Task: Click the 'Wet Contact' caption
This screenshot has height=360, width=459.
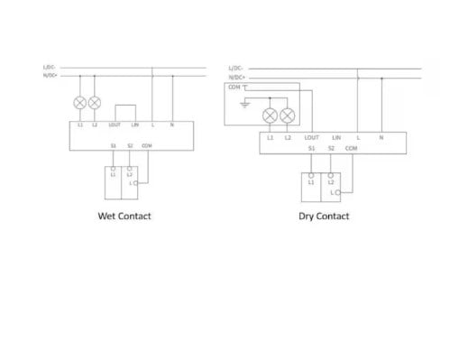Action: tap(124, 217)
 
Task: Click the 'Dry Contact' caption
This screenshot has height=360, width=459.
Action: tap(324, 217)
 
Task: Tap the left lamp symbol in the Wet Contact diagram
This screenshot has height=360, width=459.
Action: tap(80, 102)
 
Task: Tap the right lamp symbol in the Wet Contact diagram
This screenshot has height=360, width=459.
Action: tap(95, 102)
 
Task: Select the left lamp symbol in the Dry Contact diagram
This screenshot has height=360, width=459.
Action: tap(270, 115)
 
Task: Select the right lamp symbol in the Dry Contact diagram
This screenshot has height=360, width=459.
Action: tap(287, 115)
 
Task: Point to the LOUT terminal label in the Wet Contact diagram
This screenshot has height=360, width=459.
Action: tap(115, 125)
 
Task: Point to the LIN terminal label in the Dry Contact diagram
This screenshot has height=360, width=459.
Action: tap(335, 137)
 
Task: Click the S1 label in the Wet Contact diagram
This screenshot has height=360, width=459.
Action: tap(114, 145)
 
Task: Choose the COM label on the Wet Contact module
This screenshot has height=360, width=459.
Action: tap(147, 145)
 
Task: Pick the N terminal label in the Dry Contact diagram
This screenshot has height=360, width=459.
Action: tap(381, 137)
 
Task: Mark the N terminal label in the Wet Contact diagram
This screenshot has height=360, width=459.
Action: tap(171, 125)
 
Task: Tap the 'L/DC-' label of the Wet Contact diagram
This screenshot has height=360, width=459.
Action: tap(49, 68)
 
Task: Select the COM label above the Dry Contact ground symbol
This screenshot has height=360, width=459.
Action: tap(234, 88)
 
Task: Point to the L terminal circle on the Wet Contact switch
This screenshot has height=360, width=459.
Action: tap(135, 183)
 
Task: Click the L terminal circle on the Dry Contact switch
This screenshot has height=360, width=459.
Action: tap(337, 192)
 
